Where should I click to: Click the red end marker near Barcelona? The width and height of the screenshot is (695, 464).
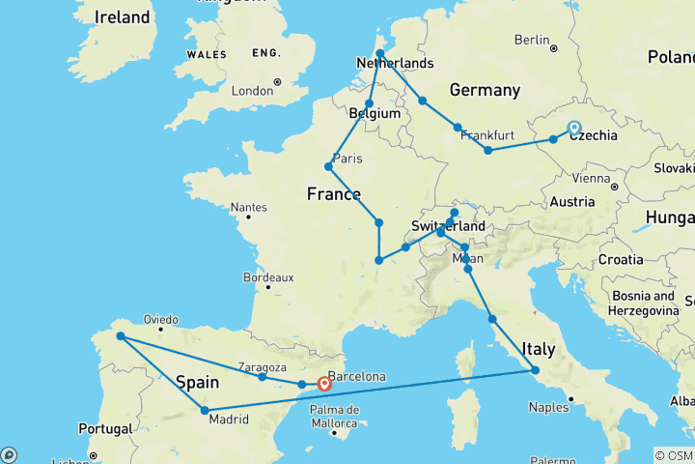pyautogui.click(x=324, y=384)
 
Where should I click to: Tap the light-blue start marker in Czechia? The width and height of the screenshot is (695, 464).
pyautogui.click(x=574, y=128)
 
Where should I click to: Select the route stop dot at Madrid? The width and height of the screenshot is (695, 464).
pyautogui.click(x=205, y=411)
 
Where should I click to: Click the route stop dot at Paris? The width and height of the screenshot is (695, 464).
pyautogui.click(x=329, y=166)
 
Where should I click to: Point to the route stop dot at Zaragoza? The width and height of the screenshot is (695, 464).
pyautogui.click(x=262, y=376)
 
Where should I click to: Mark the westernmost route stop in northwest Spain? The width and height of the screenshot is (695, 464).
pyautogui.click(x=121, y=336)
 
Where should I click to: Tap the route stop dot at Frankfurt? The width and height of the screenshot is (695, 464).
pyautogui.click(x=458, y=128)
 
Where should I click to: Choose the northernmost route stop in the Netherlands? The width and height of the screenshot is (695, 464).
pyautogui.click(x=380, y=54)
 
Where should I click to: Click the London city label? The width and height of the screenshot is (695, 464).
pyautogui.click(x=252, y=91)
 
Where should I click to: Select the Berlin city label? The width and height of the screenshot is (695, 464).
pyautogui.click(x=531, y=40)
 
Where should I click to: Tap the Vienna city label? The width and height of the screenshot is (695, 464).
pyautogui.click(x=591, y=178)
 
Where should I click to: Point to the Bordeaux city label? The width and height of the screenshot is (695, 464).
pyautogui.click(x=268, y=277)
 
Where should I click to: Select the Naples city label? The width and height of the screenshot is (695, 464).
pyautogui.click(x=548, y=407)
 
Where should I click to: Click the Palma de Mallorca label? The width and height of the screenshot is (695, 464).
pyautogui.click(x=335, y=416)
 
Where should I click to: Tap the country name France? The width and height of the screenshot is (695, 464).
pyautogui.click(x=334, y=193)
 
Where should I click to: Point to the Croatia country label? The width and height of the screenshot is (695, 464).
pyautogui.click(x=620, y=260)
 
